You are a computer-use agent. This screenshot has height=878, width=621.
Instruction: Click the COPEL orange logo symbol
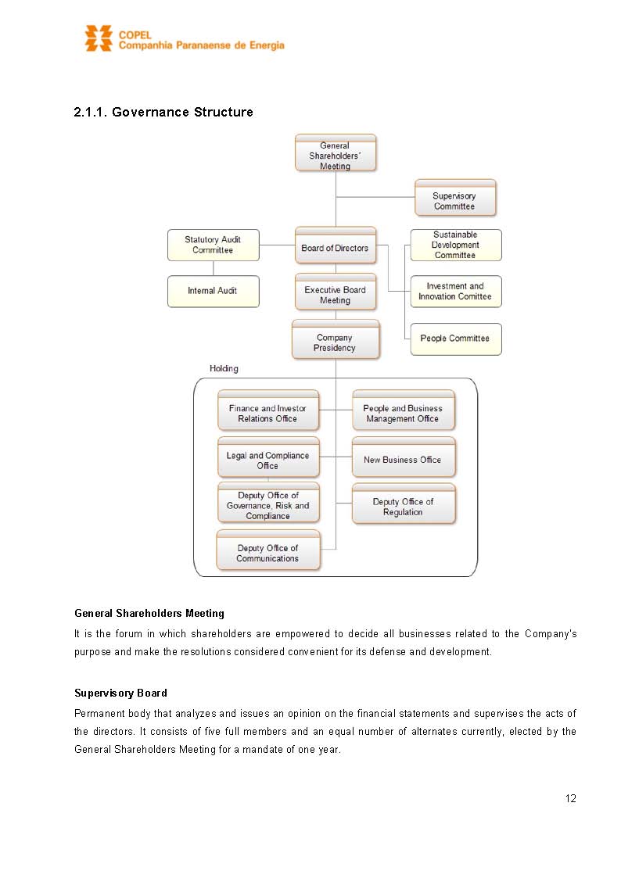(99, 38)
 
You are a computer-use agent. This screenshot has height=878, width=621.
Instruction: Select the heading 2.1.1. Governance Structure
(163, 113)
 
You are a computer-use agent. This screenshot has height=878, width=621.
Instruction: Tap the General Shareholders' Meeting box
(336, 154)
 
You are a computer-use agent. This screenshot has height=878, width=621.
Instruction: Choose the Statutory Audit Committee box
(213, 245)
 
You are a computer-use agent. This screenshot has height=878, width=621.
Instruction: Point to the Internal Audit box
(213, 291)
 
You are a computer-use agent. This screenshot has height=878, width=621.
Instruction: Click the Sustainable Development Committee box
(455, 245)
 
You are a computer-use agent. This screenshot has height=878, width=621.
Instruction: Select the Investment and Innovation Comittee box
(455, 292)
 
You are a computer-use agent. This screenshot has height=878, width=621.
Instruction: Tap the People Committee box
(455, 339)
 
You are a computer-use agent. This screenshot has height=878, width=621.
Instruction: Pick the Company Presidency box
(336, 342)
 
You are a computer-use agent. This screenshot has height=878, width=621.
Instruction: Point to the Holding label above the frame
(224, 368)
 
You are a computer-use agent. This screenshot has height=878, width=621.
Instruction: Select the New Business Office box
(403, 460)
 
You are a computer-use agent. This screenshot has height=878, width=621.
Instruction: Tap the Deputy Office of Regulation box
(403, 507)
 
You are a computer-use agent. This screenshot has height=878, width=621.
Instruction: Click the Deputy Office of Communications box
(268, 553)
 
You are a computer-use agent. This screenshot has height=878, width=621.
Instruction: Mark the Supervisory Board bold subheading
(120, 693)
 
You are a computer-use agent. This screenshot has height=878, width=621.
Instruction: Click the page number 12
(570, 798)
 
